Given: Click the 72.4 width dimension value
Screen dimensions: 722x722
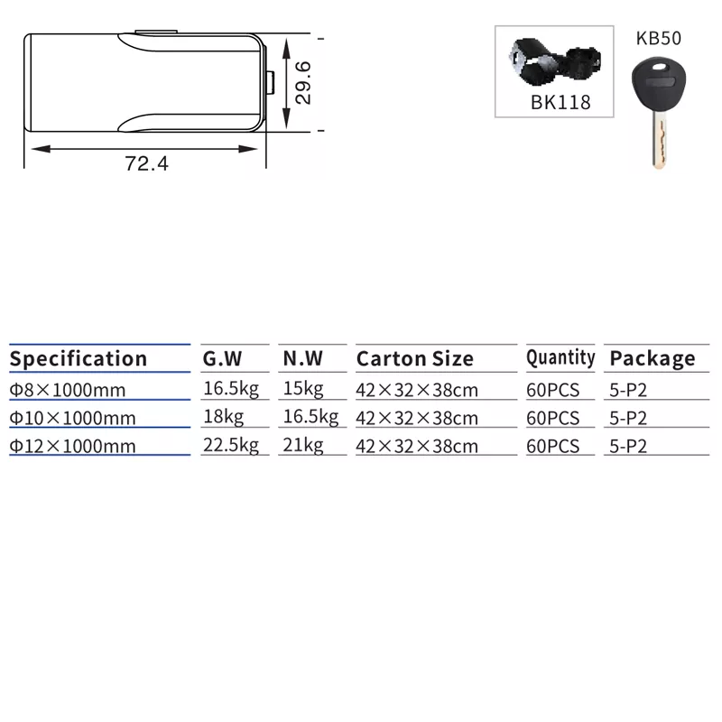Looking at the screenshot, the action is click(x=146, y=163).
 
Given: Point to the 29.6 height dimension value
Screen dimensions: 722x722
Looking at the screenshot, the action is click(x=303, y=83).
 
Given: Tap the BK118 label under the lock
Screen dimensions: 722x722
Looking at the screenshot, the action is click(x=560, y=102).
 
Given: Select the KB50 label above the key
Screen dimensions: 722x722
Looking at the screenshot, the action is click(x=659, y=38).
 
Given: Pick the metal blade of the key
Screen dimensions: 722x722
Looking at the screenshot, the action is click(x=660, y=142).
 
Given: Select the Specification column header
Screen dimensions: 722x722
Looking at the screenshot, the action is click(x=79, y=358).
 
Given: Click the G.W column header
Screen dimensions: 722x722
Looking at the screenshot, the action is click(x=222, y=358).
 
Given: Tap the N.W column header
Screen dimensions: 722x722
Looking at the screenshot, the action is click(x=303, y=358).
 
